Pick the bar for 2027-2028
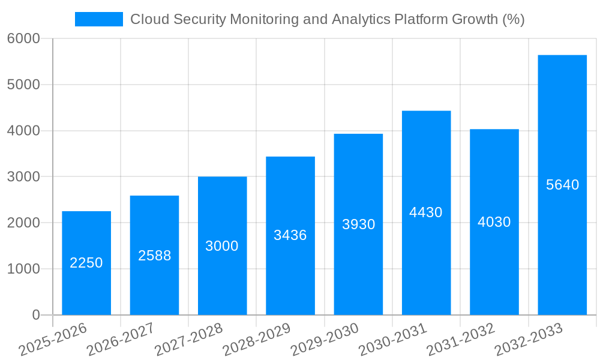coord(222,245)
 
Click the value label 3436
coord(290,235)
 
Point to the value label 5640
coord(562,185)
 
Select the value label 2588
coord(154,256)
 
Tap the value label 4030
coord(494,222)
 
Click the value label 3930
coord(358,224)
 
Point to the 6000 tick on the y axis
coord(23,38)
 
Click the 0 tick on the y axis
coord(35,315)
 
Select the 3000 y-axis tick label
coord(23,177)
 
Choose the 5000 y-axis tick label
coord(23,85)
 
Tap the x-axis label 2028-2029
coord(257,340)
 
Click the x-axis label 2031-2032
coord(461,340)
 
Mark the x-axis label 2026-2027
coord(121,340)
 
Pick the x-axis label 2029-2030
coord(325,340)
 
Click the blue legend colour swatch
coord(99,19)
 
